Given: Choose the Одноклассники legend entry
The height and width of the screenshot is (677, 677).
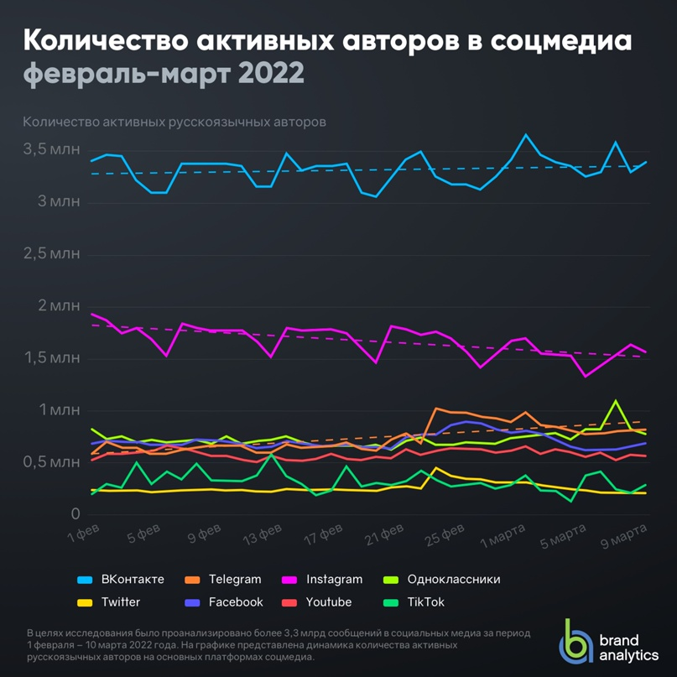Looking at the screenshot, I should tap(453, 580).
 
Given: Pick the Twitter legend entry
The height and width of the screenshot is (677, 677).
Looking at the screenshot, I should tap(120, 602).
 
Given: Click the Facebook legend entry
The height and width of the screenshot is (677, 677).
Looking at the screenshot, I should tap(236, 602).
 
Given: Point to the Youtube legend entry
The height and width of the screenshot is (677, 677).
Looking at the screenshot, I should tap(328, 602).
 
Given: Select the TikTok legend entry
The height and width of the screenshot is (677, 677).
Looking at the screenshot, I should tap(424, 602).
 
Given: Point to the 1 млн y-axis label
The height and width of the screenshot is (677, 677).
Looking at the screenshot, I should tap(58, 410).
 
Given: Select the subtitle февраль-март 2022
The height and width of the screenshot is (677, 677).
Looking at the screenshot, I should tap(164, 74).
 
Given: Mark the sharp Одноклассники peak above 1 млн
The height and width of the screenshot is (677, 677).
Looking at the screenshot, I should tap(616, 401).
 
